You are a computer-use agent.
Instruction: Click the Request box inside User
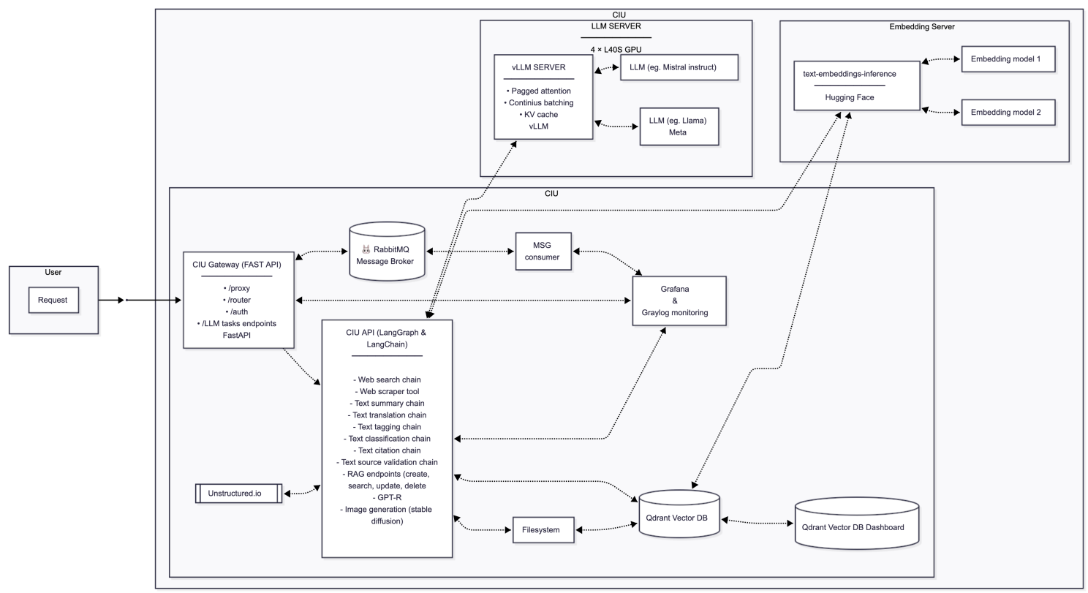click(53, 300)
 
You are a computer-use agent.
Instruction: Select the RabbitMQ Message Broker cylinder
click(387, 252)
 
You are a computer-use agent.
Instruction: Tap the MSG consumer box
click(542, 251)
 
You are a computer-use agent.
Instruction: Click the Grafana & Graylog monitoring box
click(679, 301)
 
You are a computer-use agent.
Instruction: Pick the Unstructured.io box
click(238, 493)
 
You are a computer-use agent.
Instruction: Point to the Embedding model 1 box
click(1007, 59)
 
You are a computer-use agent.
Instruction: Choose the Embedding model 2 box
click(1007, 113)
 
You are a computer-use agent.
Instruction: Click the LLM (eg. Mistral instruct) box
click(679, 67)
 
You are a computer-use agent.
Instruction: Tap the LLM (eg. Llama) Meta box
click(679, 126)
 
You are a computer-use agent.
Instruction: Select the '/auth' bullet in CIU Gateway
click(238, 311)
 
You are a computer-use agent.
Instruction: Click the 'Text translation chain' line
click(387, 415)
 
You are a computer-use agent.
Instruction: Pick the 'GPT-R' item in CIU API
click(387, 496)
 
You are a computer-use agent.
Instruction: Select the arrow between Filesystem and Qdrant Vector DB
click(606, 526)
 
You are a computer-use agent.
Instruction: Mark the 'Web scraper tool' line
click(387, 391)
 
